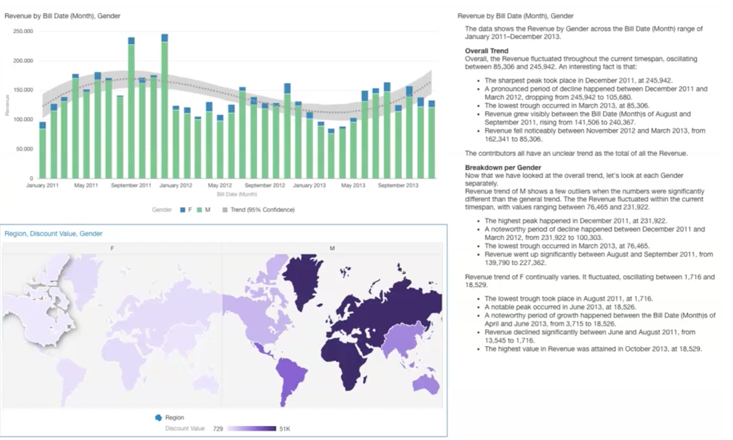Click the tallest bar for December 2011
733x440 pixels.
pos(165,107)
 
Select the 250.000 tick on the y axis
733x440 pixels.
pos(23,31)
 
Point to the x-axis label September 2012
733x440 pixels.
pos(265,185)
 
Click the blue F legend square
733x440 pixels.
pos(183,210)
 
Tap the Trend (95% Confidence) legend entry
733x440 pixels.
pos(258,210)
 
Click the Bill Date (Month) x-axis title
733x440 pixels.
pos(237,194)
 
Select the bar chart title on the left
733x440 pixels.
pos(62,16)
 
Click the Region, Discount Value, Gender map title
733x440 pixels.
pos(53,234)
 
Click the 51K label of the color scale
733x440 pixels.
pos(284,429)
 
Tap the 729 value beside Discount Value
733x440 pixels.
pos(218,429)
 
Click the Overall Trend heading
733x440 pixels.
pos(486,51)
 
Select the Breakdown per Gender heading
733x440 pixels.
pos(503,168)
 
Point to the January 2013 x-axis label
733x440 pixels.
pos(309,185)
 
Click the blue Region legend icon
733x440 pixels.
pos(158,418)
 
